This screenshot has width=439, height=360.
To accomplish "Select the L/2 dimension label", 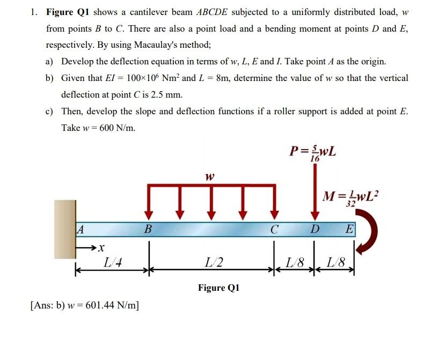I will pyautogui.click(x=210, y=263).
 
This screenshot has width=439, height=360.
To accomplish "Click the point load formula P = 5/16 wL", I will pyautogui.click(x=313, y=152).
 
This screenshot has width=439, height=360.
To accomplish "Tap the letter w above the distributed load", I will pyautogui.click(x=210, y=176).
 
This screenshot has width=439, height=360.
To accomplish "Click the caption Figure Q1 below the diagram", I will pyautogui.click(x=218, y=288).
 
